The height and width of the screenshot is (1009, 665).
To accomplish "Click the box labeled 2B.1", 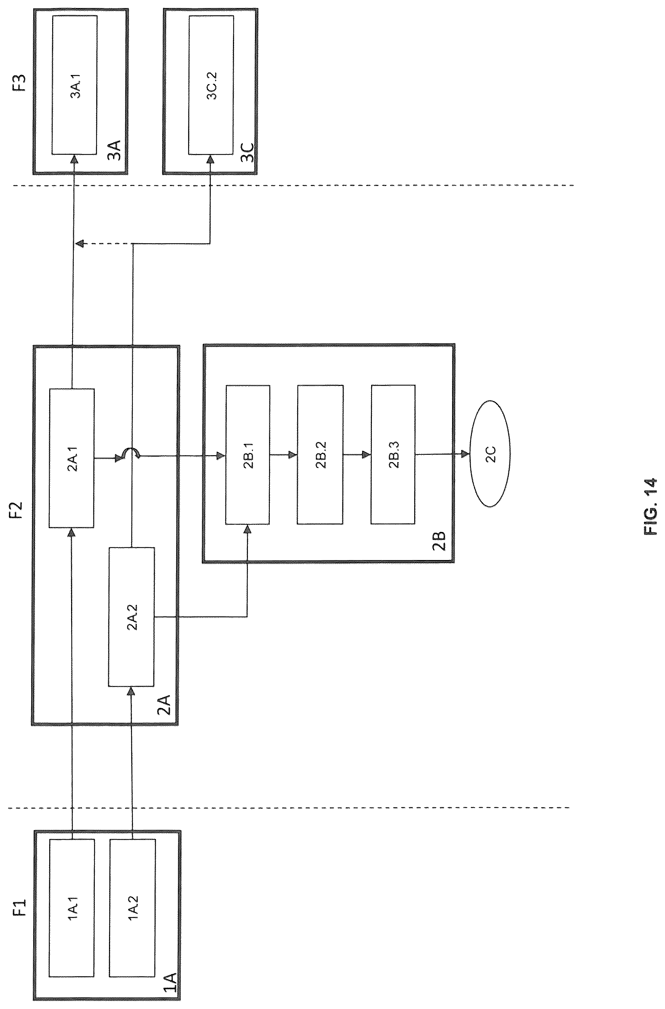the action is coord(248,454).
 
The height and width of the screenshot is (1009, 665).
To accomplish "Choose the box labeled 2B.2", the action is coord(320,454).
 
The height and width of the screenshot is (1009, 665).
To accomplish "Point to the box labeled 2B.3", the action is coord(393,454).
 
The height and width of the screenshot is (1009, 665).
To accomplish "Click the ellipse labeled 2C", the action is coord(490,454).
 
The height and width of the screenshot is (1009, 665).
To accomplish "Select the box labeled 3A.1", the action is coord(75,85).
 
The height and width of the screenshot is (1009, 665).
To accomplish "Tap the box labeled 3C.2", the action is coord(211,85).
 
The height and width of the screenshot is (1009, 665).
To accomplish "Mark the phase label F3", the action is coord(20,83).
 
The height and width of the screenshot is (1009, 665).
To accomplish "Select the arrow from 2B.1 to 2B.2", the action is coord(284,455).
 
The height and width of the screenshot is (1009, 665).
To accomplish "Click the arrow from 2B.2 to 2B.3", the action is coord(357,455).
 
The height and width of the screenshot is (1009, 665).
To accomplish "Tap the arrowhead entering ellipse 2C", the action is coord(466,454).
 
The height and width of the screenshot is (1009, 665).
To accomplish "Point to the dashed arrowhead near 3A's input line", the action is coord(79,243).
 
